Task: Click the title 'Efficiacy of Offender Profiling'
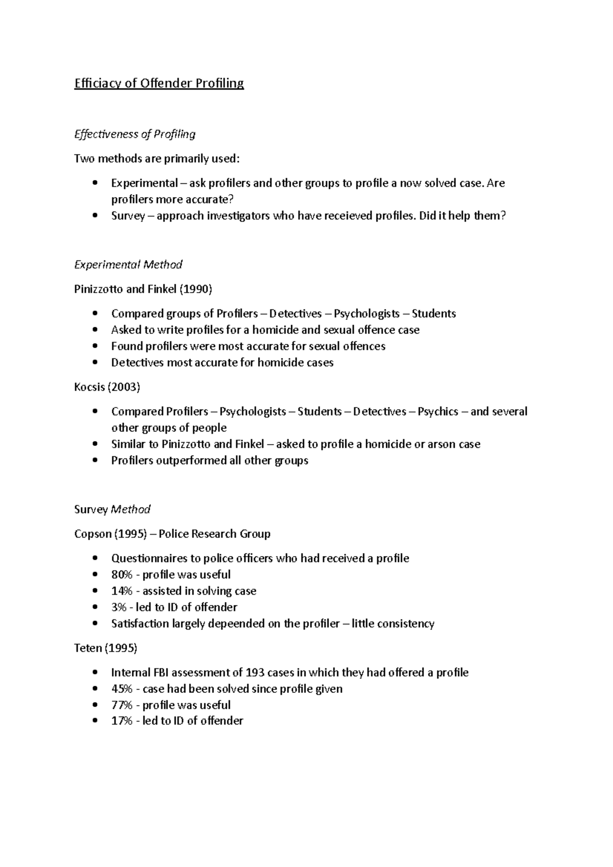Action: coord(159,83)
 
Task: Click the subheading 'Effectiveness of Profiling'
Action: coord(135,134)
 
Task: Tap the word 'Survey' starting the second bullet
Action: coord(128,216)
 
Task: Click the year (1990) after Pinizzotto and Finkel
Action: coord(196,290)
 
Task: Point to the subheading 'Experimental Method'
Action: coord(128,265)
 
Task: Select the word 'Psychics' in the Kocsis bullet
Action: coord(438,412)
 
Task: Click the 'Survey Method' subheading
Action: coord(112,510)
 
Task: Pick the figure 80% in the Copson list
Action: coord(122,575)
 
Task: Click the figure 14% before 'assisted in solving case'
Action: coord(122,591)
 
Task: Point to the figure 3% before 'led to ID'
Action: coord(119,608)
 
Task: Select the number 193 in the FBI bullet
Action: coord(255,673)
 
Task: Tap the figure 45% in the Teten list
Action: coord(122,689)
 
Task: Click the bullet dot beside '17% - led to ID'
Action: coord(95,721)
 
